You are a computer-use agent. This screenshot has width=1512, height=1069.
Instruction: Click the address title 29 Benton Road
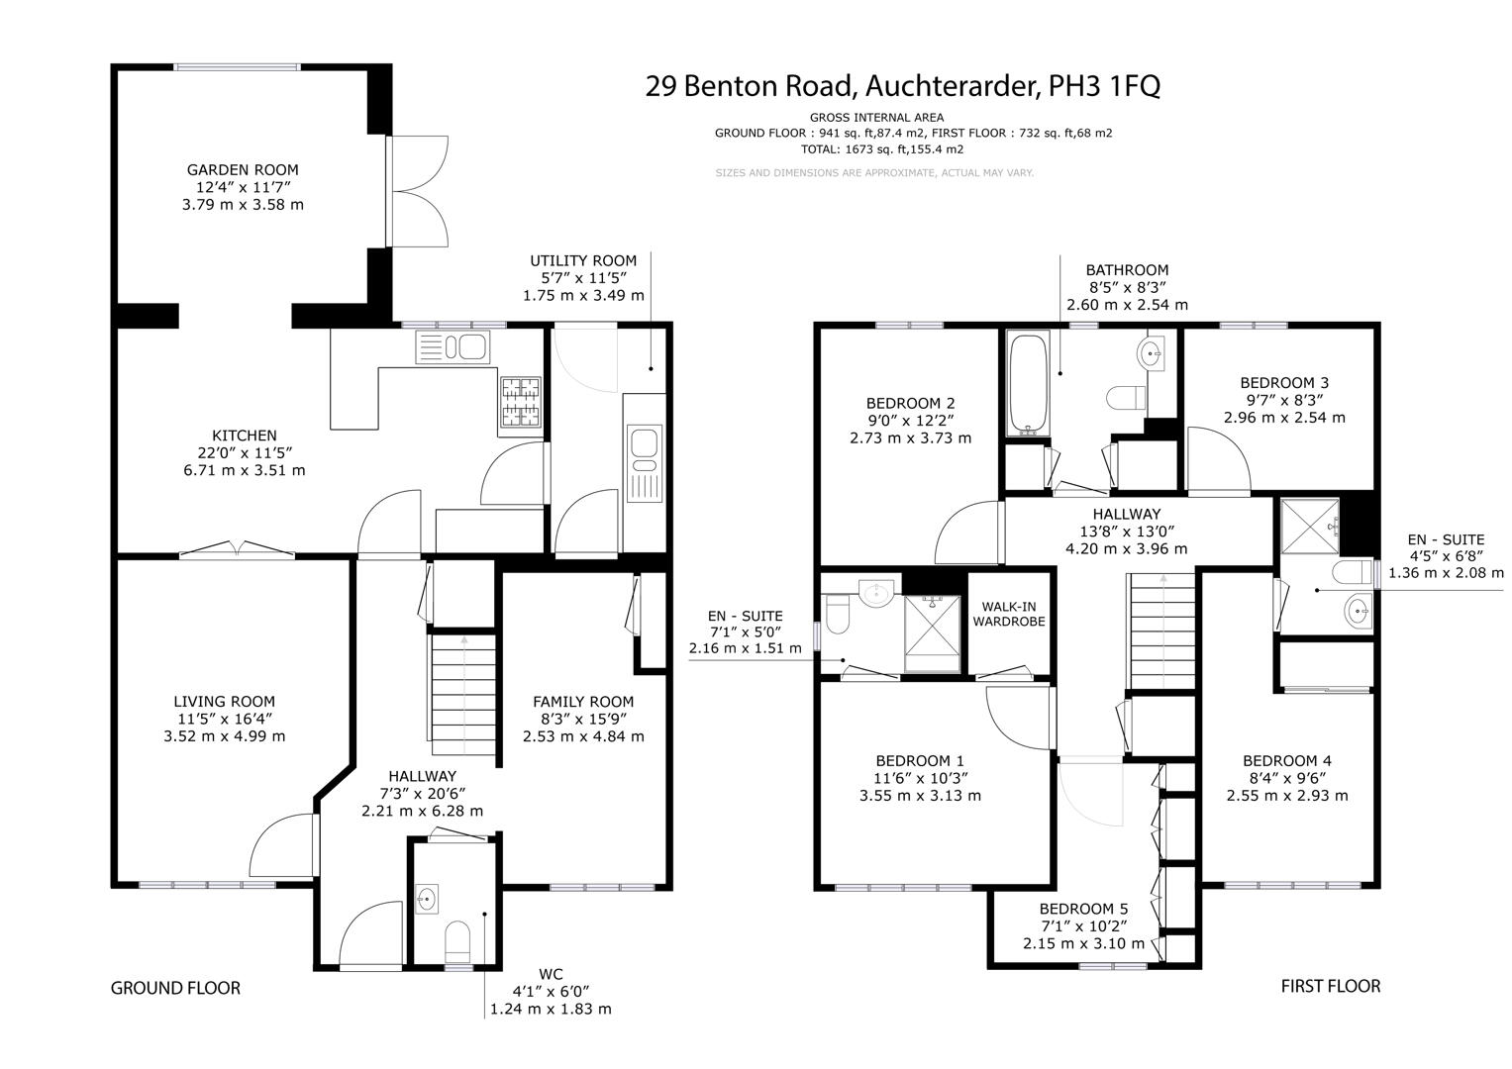[x=902, y=86]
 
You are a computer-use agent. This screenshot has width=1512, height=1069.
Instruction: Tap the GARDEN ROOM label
[x=243, y=170]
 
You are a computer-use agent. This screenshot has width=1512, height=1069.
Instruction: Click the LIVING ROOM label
[x=225, y=702]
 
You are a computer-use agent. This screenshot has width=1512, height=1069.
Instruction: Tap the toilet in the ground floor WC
[x=458, y=941]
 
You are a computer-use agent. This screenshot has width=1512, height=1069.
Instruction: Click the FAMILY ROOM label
[x=583, y=702]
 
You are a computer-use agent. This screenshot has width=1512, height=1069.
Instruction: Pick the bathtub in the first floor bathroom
[x=1027, y=384]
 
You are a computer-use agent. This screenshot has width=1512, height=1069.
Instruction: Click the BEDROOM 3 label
[x=1284, y=383]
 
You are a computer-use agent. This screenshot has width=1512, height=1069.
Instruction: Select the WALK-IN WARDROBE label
[x=1008, y=615]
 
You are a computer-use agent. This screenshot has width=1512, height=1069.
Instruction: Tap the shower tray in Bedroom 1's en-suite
[x=932, y=633]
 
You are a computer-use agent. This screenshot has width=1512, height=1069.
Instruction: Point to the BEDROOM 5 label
[x=1083, y=909]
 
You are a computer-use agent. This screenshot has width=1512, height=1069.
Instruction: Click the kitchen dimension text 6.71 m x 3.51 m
[x=245, y=470]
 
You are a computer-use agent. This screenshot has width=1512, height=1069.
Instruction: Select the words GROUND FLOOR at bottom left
[x=175, y=988]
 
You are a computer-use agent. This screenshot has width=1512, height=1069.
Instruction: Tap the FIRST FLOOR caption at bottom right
[x=1330, y=986]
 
